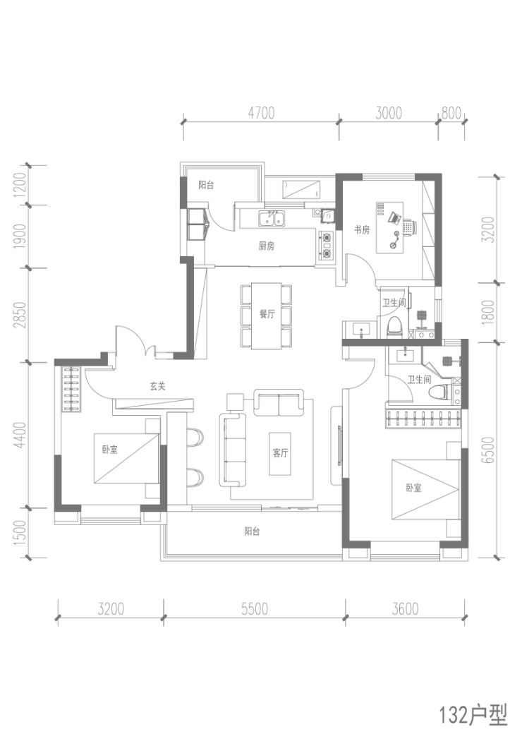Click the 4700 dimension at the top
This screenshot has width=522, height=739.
pyautogui.click(x=261, y=114)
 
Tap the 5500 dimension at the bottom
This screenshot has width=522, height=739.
pyautogui.click(x=255, y=608)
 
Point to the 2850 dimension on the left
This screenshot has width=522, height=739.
pyautogui.click(x=20, y=315)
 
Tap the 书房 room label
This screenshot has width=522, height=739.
pyautogui.click(x=362, y=230)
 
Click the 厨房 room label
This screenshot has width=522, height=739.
pyautogui.click(x=266, y=246)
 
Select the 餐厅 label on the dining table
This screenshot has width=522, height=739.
pyautogui.click(x=266, y=314)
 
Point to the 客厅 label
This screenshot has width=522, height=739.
pyautogui.click(x=280, y=453)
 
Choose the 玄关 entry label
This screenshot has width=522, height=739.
pyautogui.click(x=157, y=387)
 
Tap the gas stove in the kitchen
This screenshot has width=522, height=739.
pyautogui.click(x=327, y=246)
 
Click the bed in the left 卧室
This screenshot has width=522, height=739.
pyautogui.click(x=127, y=459)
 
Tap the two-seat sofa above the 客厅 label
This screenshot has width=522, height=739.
pyautogui.click(x=278, y=402)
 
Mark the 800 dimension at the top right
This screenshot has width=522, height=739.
pyautogui.click(x=451, y=114)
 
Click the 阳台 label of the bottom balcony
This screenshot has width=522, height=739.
pyautogui.click(x=252, y=531)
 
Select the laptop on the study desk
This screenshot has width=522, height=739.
pyautogui.click(x=394, y=217)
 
